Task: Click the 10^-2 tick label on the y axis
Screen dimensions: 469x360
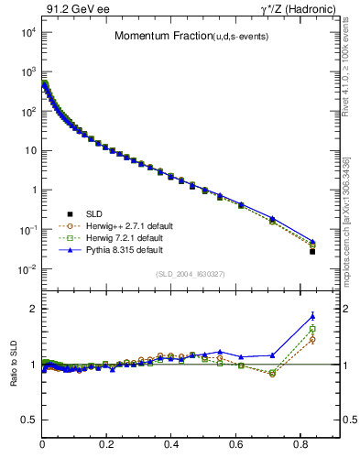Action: [x=27, y=269]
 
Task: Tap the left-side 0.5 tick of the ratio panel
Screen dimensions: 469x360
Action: [x=30, y=420]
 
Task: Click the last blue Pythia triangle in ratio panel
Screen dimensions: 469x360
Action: [x=312, y=317]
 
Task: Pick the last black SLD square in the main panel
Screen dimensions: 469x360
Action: [x=312, y=251]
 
